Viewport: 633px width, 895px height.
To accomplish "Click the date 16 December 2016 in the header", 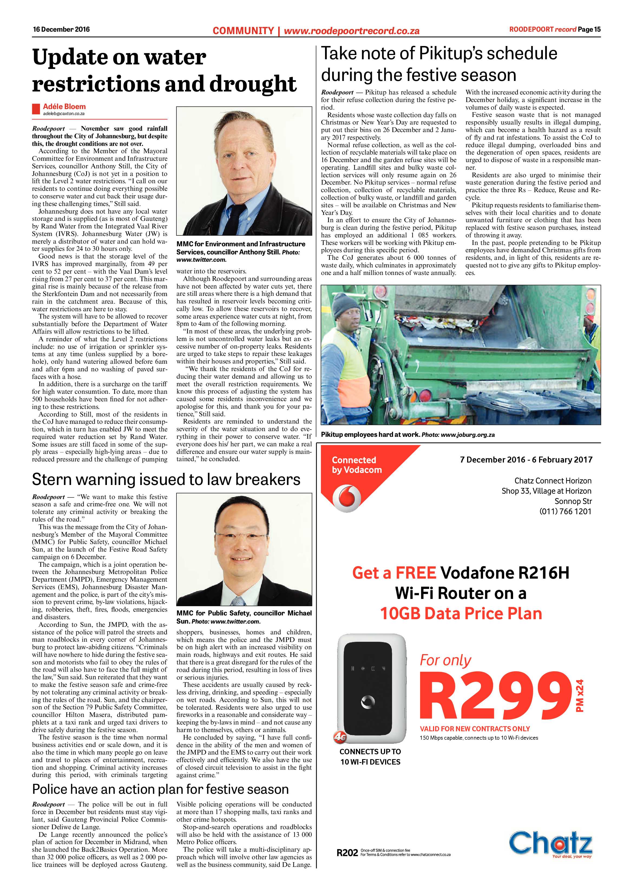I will tap(61, 29).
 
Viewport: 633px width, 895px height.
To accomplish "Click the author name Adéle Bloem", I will tap(64, 106).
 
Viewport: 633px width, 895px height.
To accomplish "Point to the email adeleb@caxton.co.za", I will tap(64, 114).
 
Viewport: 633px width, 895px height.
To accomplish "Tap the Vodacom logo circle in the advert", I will tap(347, 498).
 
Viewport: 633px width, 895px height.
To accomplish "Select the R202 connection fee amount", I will tap(347, 853).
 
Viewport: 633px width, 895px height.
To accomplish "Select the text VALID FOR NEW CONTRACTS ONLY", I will tap(475, 729).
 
